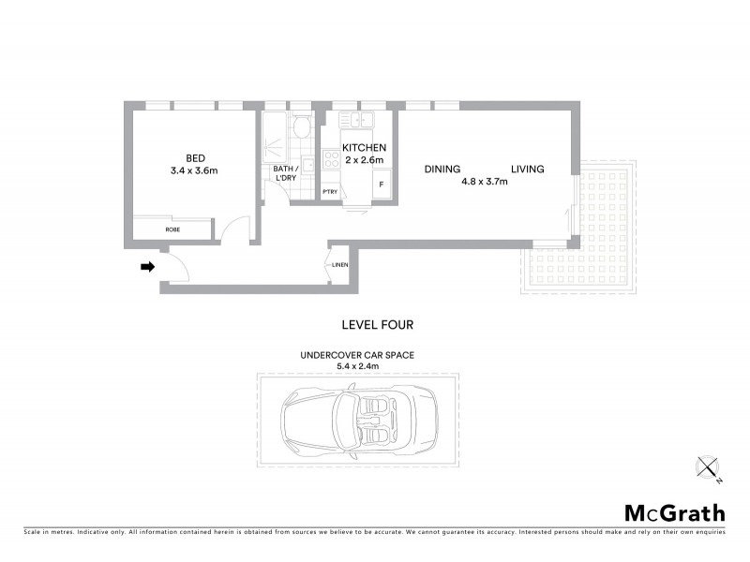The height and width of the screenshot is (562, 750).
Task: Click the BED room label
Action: click(x=195, y=157)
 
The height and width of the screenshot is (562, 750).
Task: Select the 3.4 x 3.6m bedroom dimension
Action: click(x=195, y=171)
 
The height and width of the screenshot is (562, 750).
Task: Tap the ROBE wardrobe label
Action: click(x=173, y=229)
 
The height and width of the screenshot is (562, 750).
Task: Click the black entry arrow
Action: click(x=147, y=267)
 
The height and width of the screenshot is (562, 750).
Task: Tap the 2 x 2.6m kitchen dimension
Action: click(x=364, y=161)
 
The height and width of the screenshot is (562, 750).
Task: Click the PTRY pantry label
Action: click(x=330, y=192)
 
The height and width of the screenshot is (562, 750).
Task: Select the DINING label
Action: click(x=442, y=170)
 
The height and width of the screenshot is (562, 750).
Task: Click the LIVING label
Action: click(x=528, y=170)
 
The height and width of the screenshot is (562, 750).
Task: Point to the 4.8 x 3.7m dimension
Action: click(x=485, y=183)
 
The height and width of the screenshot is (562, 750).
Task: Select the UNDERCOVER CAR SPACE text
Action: click(x=356, y=356)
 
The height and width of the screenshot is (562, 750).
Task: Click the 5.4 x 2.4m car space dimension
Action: click(x=356, y=367)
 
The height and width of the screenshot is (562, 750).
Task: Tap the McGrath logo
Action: click(x=675, y=512)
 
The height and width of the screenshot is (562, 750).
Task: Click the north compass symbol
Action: click(x=710, y=468)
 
